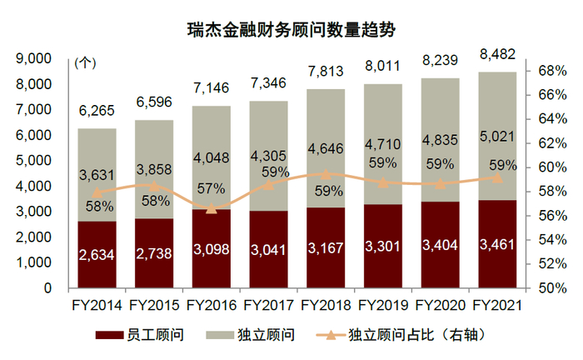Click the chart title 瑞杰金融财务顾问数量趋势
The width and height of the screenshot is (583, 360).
[x=291, y=30]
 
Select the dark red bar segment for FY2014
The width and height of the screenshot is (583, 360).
[x=97, y=254]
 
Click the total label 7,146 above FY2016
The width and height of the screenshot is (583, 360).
[x=212, y=87]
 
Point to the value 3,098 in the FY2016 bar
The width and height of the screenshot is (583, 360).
[x=212, y=247]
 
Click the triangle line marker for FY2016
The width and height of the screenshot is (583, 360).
[x=212, y=208]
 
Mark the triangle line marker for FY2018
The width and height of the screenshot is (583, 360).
[x=326, y=175]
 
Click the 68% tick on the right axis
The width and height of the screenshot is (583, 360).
[x=552, y=71]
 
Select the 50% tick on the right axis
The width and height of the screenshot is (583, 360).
[x=552, y=288]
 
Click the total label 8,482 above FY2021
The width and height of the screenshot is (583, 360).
[x=496, y=54]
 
